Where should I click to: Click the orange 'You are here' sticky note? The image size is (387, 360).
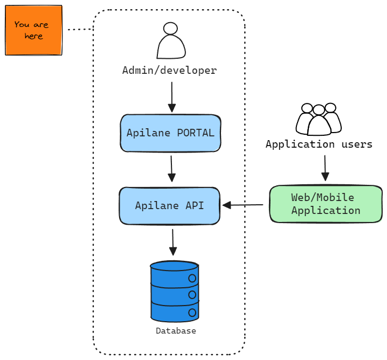(33, 30)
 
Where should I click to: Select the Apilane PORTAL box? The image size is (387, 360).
(170, 133)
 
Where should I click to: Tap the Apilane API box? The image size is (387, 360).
(169, 205)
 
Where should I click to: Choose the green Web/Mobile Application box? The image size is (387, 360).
(326, 204)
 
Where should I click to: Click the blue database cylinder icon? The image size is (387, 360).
(174, 292)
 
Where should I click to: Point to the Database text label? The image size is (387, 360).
(176, 331)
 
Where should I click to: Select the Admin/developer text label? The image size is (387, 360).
(169, 70)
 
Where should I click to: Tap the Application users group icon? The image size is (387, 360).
(319, 119)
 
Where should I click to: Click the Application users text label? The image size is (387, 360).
(319, 144)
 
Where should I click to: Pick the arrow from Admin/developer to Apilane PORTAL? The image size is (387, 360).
(172, 97)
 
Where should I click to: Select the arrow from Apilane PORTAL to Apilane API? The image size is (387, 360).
(171, 169)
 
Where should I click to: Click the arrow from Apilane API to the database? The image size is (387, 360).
(173, 242)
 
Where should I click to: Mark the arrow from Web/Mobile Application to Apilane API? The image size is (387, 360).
(243, 205)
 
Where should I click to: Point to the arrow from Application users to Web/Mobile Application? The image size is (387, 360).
(325, 168)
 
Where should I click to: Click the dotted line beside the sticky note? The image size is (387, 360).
(79, 29)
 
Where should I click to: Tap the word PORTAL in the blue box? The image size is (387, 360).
(196, 133)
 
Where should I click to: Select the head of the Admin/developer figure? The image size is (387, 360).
(170, 29)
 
